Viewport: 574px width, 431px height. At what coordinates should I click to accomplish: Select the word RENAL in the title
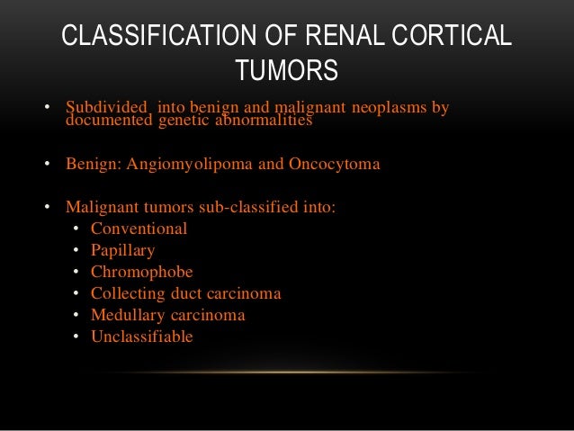click(x=342, y=37)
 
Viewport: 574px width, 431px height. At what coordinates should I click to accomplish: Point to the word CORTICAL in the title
click(x=458, y=37)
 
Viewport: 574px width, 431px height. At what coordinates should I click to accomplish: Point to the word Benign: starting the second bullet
click(x=94, y=165)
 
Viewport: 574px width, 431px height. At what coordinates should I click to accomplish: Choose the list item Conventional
click(x=139, y=229)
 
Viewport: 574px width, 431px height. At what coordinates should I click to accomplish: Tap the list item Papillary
click(x=122, y=250)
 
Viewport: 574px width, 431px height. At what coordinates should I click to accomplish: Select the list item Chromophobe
click(x=141, y=272)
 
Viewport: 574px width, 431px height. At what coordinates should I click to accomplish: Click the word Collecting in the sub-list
click(x=125, y=293)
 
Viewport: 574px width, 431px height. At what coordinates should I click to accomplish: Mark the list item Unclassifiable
click(x=141, y=337)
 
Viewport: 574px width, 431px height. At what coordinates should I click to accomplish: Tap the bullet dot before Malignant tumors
click(x=47, y=208)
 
